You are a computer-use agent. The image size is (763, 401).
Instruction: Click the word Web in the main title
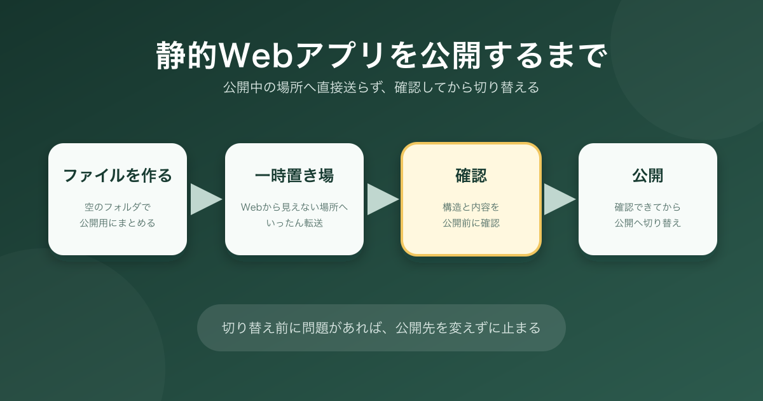tap(256, 55)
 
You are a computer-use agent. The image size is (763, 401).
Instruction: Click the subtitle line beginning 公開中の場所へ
tap(381, 87)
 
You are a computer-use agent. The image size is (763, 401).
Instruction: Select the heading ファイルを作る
tap(118, 176)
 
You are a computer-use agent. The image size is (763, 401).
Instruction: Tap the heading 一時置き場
tap(294, 176)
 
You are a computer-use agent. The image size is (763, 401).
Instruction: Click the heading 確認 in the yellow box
tap(471, 176)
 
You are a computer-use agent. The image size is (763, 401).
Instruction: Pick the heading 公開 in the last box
tap(648, 176)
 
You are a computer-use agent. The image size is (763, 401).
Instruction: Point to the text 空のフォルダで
tap(118, 207)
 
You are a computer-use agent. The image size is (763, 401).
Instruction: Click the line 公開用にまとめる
tap(118, 223)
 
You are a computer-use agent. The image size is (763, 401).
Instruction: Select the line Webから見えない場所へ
tap(294, 207)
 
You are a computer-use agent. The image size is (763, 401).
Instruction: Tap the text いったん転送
tap(294, 223)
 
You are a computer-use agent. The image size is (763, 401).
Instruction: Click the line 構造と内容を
tap(471, 207)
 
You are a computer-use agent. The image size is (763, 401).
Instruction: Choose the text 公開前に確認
tap(471, 223)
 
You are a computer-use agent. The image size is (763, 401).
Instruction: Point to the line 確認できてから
tap(648, 207)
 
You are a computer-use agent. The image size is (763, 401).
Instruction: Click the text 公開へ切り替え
tap(648, 223)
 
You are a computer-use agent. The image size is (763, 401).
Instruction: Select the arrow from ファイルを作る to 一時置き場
tap(206, 199)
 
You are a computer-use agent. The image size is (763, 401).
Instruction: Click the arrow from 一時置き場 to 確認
tap(383, 199)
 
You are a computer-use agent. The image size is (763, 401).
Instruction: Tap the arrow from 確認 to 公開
tap(560, 199)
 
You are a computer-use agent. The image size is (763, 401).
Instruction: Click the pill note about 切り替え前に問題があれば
tap(381, 328)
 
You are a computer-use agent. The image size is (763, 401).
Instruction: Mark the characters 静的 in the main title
tap(187, 55)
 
